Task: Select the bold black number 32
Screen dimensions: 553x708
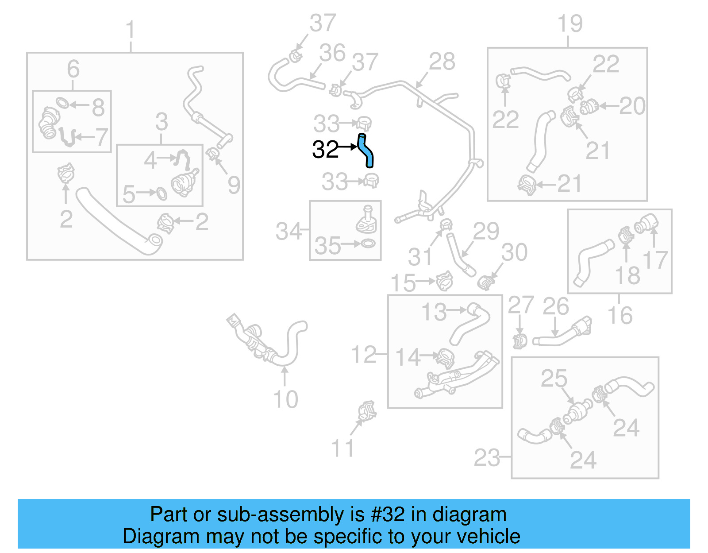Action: pos(325,150)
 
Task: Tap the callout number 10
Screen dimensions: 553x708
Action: pos(285,399)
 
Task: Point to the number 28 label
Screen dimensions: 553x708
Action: pos(442,62)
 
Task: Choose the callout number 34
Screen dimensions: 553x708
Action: pos(289,231)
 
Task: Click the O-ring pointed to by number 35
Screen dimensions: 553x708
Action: pos(368,243)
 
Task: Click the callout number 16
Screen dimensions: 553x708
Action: pos(620,315)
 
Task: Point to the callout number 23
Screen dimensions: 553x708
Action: pos(487,458)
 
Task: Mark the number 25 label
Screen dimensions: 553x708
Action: pos(554,379)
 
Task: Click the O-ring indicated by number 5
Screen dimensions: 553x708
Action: pos(162,193)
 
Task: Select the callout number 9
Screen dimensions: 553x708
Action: pos(234,185)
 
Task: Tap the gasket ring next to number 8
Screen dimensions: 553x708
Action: pos(62,103)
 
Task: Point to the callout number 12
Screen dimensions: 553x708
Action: pos(363,355)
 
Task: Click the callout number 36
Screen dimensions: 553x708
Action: pos(332,53)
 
